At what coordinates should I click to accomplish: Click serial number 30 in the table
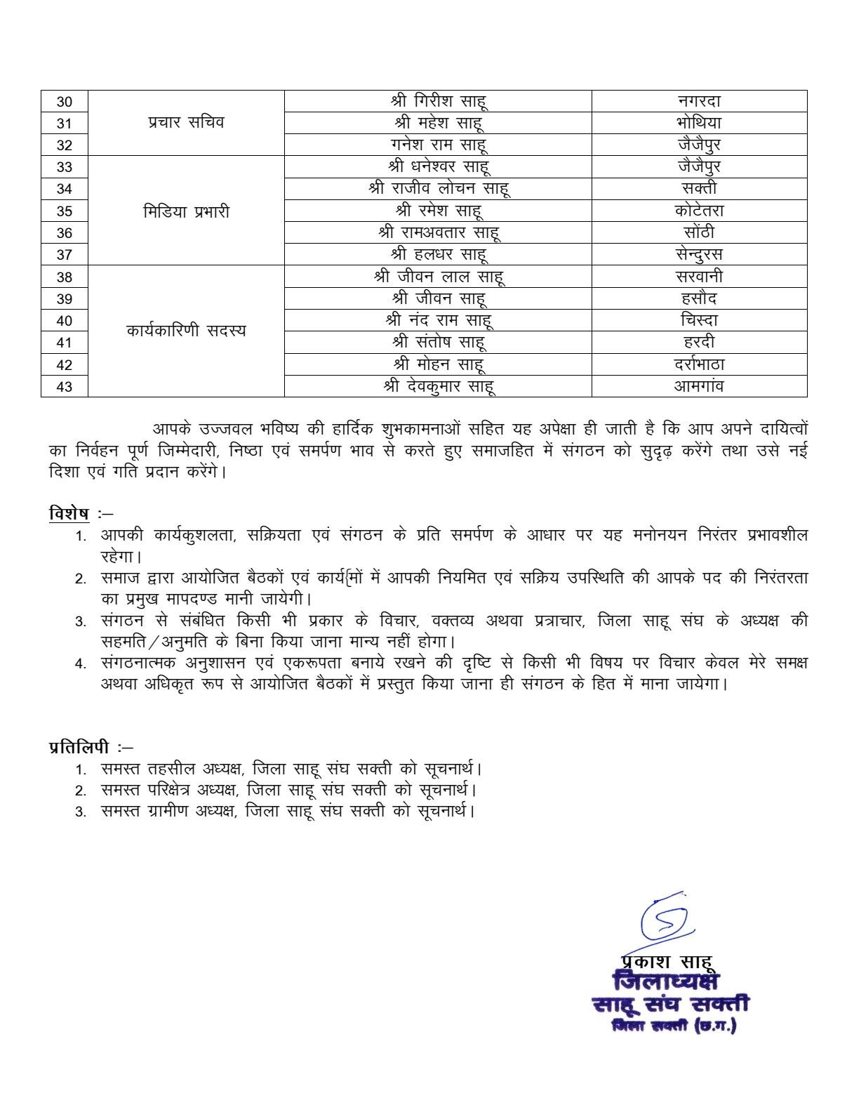[x=64, y=101]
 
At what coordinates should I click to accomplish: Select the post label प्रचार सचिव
[x=186, y=122]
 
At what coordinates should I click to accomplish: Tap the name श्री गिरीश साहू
[x=439, y=101]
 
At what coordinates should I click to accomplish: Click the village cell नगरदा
[x=699, y=101]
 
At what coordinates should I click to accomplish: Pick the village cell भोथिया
[x=699, y=123]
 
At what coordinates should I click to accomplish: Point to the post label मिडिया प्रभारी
[x=186, y=211]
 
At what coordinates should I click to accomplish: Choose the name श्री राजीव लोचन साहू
[x=439, y=188]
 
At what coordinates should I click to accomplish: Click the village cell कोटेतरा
[x=699, y=211]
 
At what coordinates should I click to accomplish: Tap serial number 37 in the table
[x=64, y=255]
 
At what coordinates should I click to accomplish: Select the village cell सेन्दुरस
[x=699, y=254]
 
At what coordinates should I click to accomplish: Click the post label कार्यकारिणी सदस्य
[x=186, y=331]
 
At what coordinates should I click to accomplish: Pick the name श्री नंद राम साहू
[x=439, y=320]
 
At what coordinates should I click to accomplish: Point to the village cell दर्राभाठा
[x=699, y=364]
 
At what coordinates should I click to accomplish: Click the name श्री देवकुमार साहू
[x=439, y=386]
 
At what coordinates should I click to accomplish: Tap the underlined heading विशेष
[x=69, y=513]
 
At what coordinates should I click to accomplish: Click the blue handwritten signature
[x=663, y=918]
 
